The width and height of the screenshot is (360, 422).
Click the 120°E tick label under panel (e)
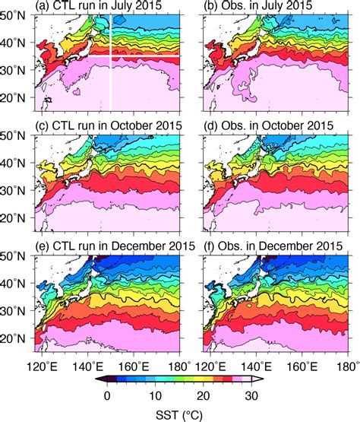(x=46, y=368)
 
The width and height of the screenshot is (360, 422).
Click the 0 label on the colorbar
(x=109, y=395)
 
